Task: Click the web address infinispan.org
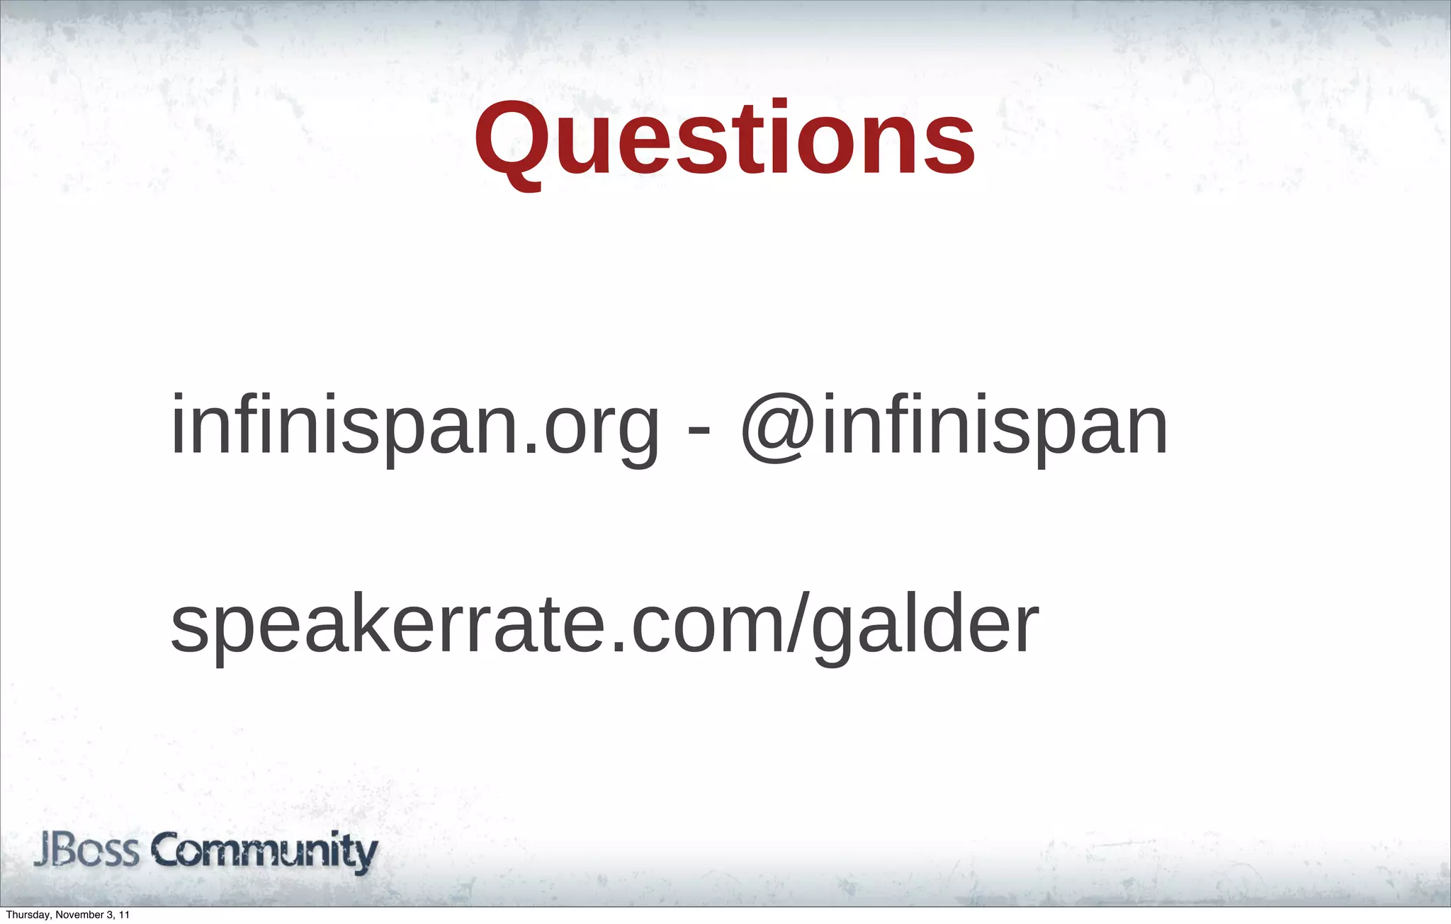(x=414, y=427)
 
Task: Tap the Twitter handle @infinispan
(x=954, y=427)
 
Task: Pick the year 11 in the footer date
(x=124, y=915)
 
